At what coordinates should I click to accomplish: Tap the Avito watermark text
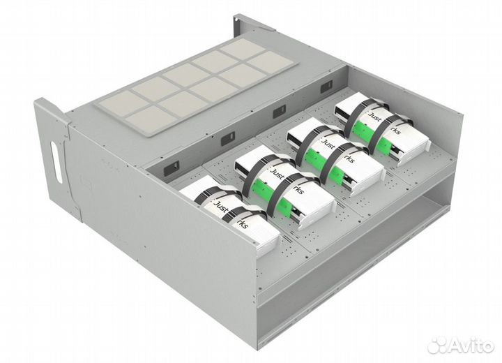click(468, 344)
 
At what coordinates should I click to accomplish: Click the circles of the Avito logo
click(437, 343)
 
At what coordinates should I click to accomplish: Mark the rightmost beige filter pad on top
click(268, 61)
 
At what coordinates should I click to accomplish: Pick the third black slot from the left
click(279, 110)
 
